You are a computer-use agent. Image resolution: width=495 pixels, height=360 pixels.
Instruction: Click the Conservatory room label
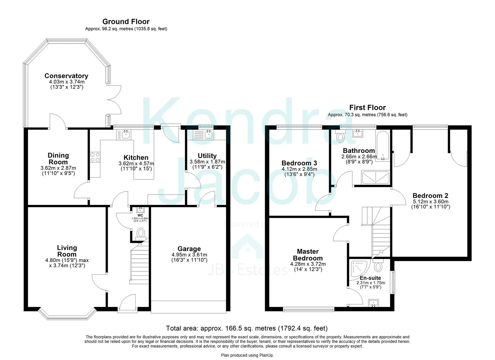[x=66, y=76]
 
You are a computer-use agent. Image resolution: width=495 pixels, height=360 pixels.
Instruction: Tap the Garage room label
[x=189, y=249]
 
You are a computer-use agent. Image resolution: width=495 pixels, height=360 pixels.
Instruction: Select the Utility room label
[x=207, y=156]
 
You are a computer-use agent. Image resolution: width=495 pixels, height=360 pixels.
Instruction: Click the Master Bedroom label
[x=308, y=255]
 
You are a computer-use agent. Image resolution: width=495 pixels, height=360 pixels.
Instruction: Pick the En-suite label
[x=370, y=278]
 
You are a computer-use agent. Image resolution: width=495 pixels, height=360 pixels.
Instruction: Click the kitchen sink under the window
[x=126, y=134]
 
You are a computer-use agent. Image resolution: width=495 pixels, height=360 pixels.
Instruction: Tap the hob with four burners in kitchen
[x=95, y=157]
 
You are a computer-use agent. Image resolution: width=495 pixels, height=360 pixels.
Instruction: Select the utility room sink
[x=208, y=134]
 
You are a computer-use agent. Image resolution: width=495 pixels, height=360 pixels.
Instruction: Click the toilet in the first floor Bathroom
[x=340, y=137]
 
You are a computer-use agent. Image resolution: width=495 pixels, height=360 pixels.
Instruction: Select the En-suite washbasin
[x=373, y=303]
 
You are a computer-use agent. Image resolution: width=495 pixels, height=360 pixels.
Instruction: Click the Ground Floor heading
[x=126, y=22]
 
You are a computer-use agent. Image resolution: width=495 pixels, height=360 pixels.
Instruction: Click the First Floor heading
[x=367, y=107]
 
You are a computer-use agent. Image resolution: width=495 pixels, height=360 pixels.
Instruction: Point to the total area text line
[x=247, y=328]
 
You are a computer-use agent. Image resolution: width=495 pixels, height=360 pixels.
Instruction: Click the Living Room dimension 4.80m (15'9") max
[x=67, y=260]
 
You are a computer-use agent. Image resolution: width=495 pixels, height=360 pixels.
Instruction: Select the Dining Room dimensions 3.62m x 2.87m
[x=58, y=168]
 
